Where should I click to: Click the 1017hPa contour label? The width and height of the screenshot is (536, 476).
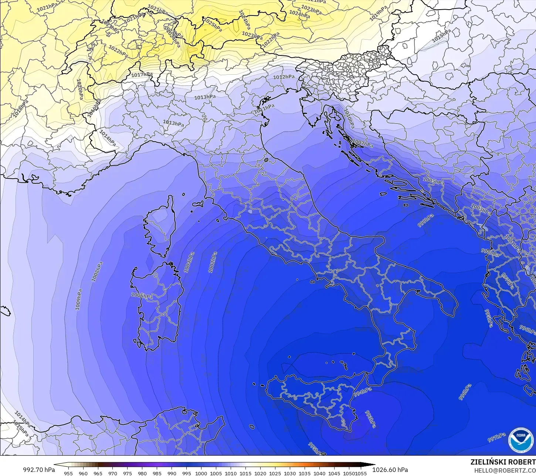click(x=142, y=75)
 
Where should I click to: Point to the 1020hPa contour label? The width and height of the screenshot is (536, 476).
click(x=79, y=89)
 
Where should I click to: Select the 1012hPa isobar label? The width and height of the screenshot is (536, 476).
click(x=284, y=77)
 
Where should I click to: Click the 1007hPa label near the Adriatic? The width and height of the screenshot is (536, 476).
click(x=363, y=143)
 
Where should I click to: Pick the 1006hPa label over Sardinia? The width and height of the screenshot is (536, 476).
click(x=142, y=296)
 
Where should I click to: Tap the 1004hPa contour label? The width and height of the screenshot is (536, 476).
click(x=189, y=262)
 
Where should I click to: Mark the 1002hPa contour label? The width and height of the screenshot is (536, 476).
click(x=212, y=262)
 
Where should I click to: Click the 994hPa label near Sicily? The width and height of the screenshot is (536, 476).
click(x=363, y=392)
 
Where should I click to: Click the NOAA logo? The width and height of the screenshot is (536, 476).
click(x=521, y=440)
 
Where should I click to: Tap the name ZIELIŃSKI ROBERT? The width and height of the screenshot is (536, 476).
click(x=503, y=462)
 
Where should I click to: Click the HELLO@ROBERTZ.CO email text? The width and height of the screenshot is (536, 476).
click(x=505, y=470)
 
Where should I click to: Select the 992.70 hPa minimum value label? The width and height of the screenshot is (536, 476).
click(x=39, y=470)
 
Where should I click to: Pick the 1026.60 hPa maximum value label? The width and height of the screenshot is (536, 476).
click(x=390, y=470)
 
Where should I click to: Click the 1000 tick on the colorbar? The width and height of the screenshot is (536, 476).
click(x=201, y=473)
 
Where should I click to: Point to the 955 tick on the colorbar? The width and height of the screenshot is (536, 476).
click(x=68, y=473)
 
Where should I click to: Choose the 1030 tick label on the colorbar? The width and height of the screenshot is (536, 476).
click(x=290, y=473)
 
